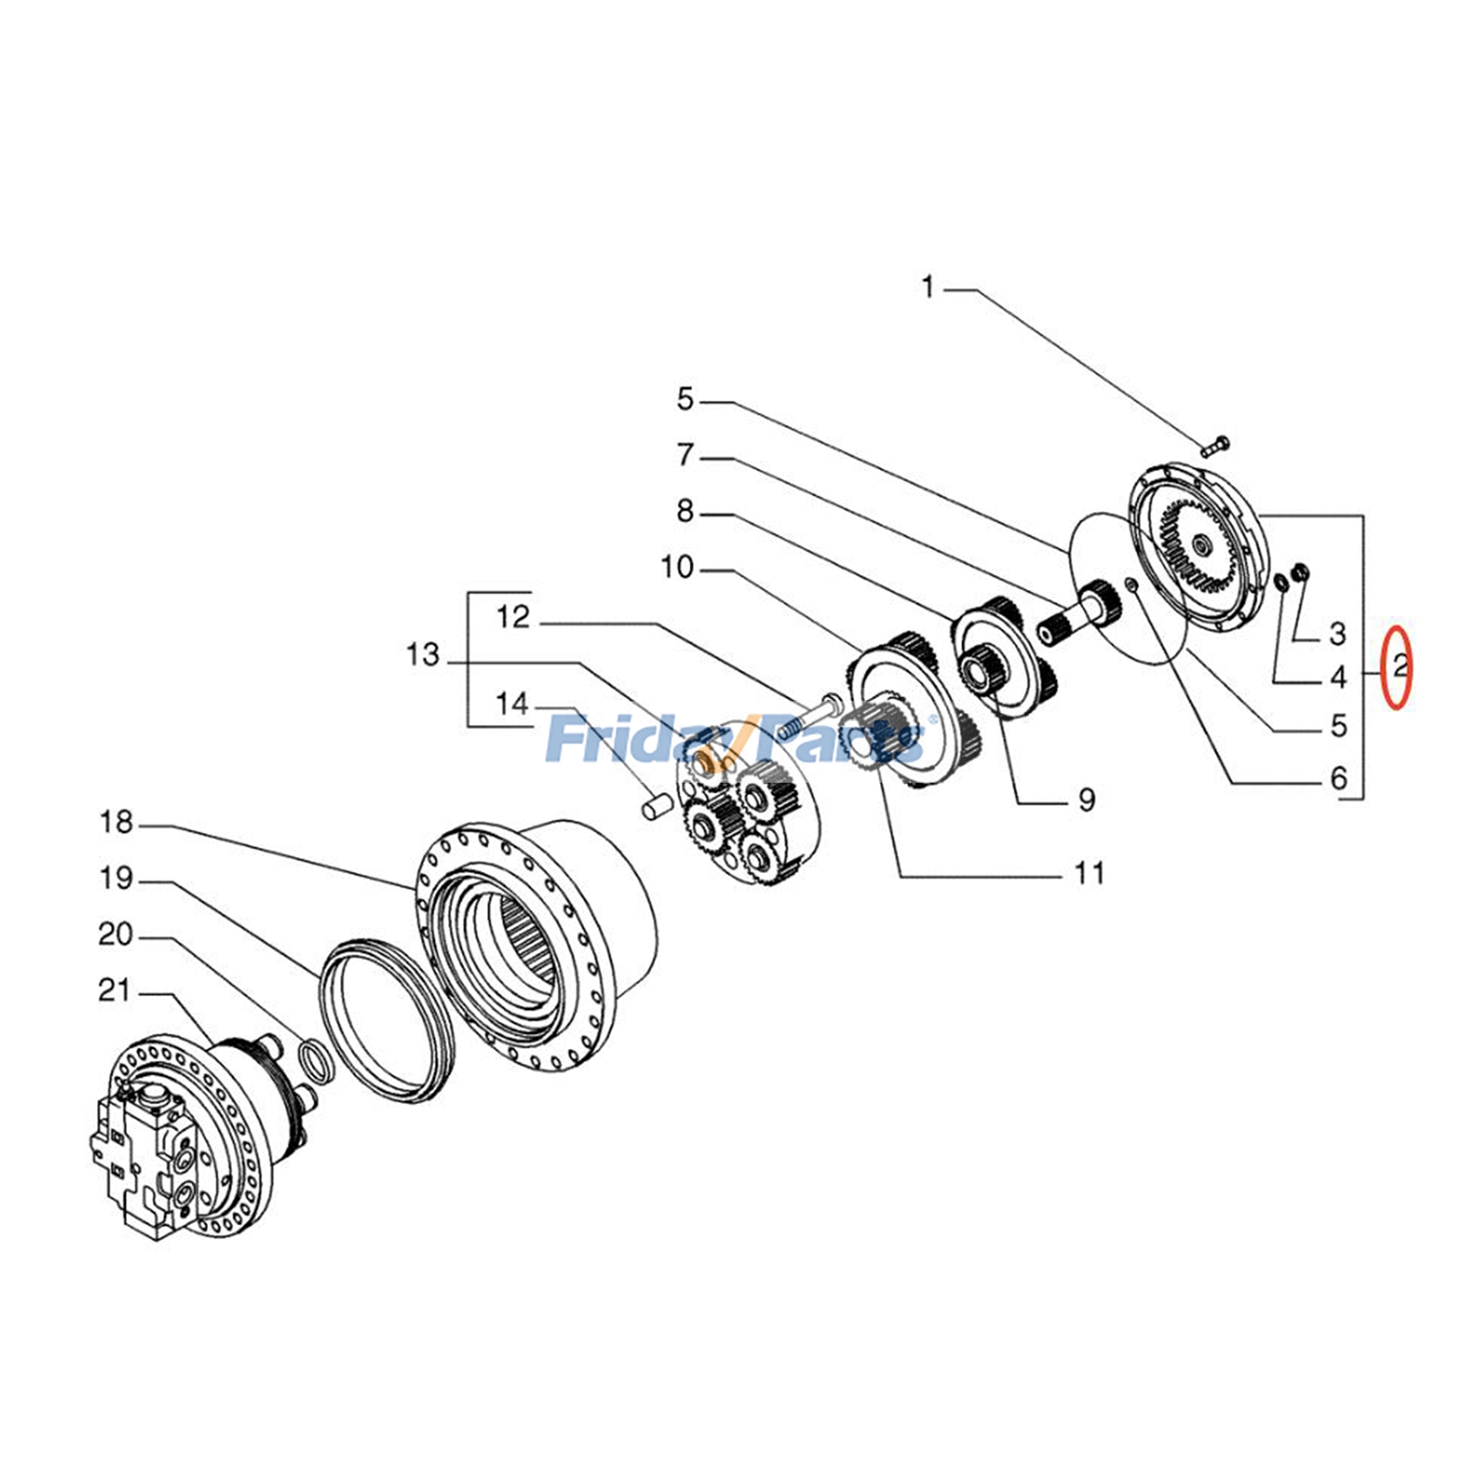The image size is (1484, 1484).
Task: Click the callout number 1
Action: pos(927,288)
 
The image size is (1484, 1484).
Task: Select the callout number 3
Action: pos(1337,634)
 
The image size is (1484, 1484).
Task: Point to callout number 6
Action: pos(1337,778)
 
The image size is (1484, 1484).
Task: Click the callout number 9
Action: pos(1086,800)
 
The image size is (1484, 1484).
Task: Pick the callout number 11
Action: pos(1089,874)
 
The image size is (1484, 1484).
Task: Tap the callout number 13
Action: pos(422,655)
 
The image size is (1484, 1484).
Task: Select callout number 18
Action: pos(116,823)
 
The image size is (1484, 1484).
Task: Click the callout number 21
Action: pos(115,991)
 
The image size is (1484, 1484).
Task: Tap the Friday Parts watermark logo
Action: pos(737,737)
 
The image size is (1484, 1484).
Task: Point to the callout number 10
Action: pos(677,568)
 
